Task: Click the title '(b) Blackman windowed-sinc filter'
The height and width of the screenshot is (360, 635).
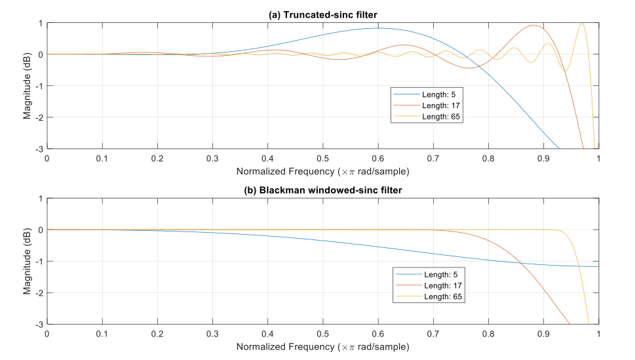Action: [x=322, y=191]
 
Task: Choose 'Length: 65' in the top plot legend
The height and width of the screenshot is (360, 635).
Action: [x=435, y=117]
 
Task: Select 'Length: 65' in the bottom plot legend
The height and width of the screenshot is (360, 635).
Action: [x=438, y=298]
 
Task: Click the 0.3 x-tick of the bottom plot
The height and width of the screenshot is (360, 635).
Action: [x=212, y=334]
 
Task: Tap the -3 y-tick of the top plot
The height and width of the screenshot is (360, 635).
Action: [x=39, y=149]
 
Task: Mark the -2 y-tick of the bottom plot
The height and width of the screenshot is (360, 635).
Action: [x=39, y=293]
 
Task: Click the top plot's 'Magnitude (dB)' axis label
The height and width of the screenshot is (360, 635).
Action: [x=28, y=86]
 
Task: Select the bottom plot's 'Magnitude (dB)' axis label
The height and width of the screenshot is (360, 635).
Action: [x=28, y=261]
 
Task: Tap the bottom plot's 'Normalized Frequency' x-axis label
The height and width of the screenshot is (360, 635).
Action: [x=322, y=346]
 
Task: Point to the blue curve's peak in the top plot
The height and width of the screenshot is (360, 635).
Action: [x=379, y=28]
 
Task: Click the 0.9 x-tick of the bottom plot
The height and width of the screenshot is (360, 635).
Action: [x=544, y=334]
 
